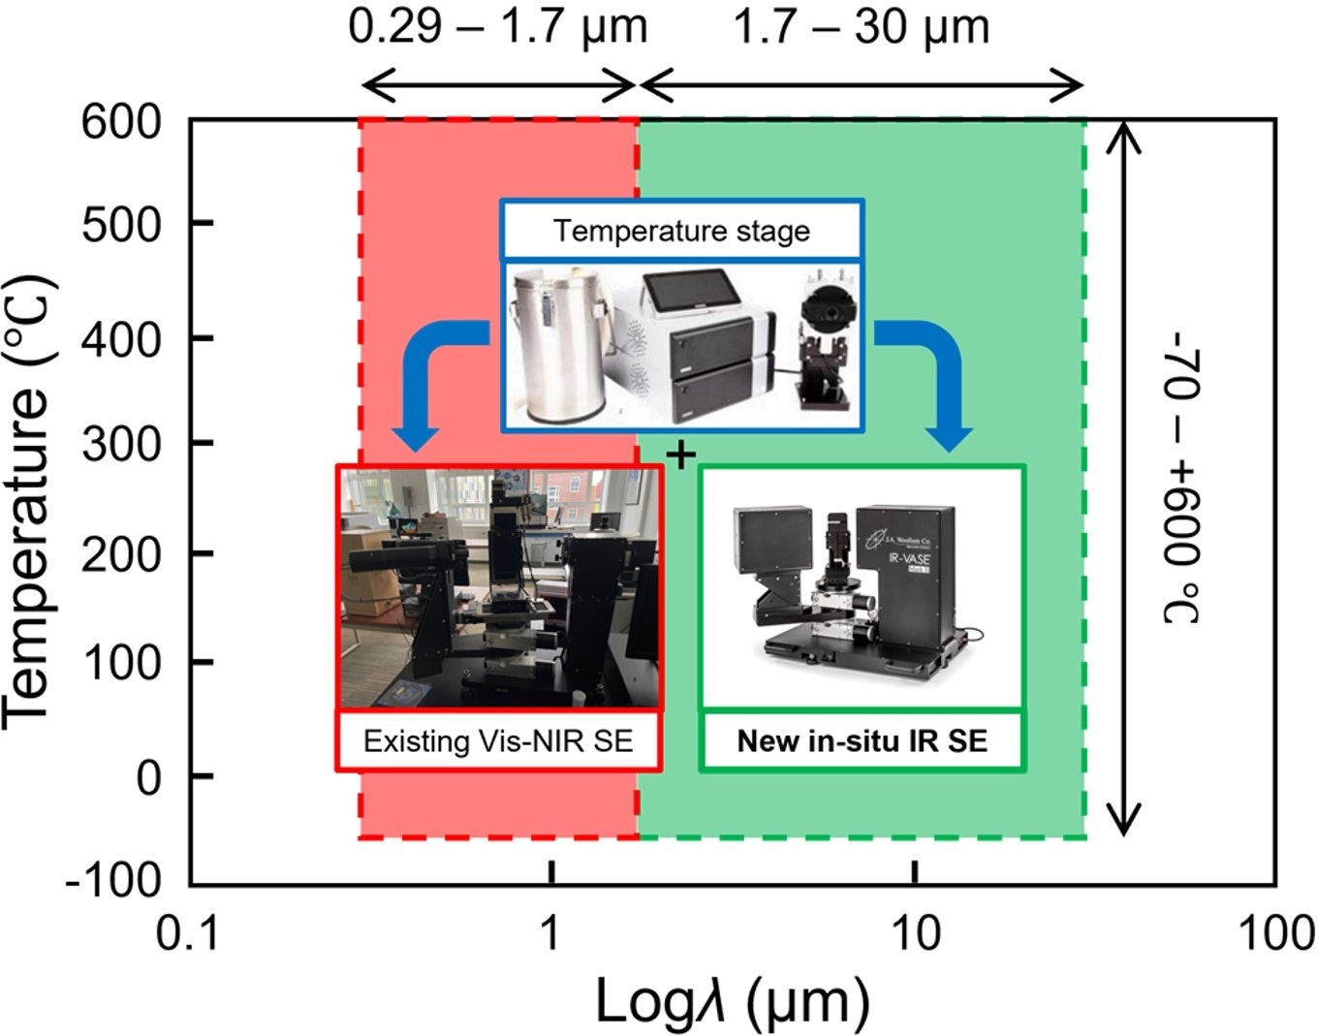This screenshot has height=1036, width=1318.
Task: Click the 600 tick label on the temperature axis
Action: coord(121,123)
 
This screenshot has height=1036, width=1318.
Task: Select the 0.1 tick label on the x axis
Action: coord(190,933)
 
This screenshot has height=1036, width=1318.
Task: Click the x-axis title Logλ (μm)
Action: coord(732,1001)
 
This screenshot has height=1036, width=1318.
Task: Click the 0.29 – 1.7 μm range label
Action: coord(498,26)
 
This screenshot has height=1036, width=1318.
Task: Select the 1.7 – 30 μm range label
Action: coord(861,26)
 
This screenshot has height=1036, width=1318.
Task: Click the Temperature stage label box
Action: coord(681,231)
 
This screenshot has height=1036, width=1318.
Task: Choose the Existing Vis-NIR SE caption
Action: coord(498,741)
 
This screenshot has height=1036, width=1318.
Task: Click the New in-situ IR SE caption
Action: coord(862,741)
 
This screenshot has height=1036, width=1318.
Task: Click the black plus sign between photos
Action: coord(681,454)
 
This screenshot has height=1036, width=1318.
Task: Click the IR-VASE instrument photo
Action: coord(862,586)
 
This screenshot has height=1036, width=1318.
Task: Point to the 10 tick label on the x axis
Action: coord(914,933)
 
